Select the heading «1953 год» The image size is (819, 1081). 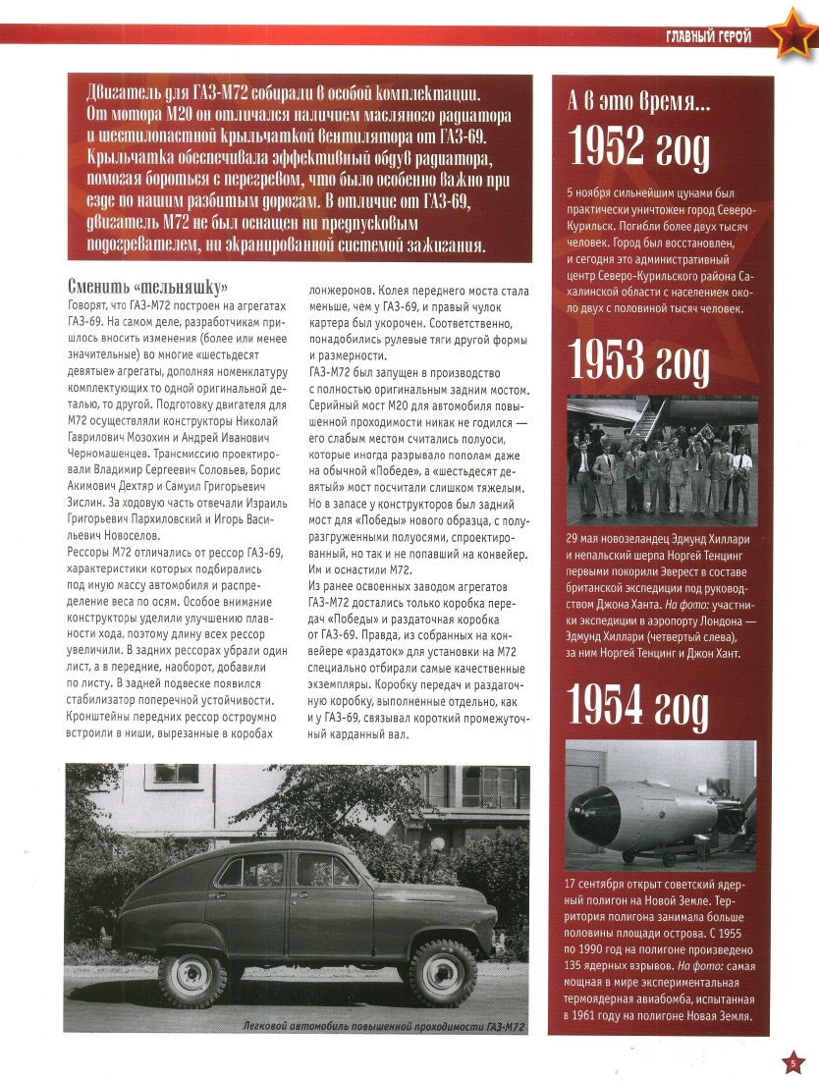[x=638, y=362]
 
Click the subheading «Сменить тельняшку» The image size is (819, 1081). [x=148, y=288]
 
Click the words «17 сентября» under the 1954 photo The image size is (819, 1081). [x=603, y=883]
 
